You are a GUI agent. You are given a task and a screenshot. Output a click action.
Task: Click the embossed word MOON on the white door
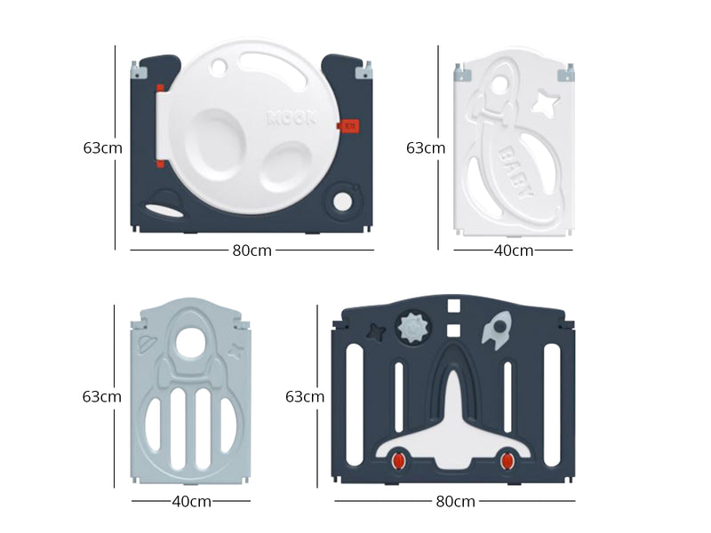click(x=292, y=118)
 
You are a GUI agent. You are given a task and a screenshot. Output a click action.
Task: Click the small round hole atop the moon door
click(x=219, y=67)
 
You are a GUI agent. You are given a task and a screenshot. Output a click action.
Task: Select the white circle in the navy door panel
click(x=342, y=202)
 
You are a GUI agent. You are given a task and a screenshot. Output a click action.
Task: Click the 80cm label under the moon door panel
click(x=252, y=251)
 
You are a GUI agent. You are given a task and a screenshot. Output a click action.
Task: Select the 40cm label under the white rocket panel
click(x=514, y=251)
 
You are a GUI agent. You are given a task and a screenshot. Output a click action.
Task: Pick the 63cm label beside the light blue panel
click(x=102, y=396)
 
